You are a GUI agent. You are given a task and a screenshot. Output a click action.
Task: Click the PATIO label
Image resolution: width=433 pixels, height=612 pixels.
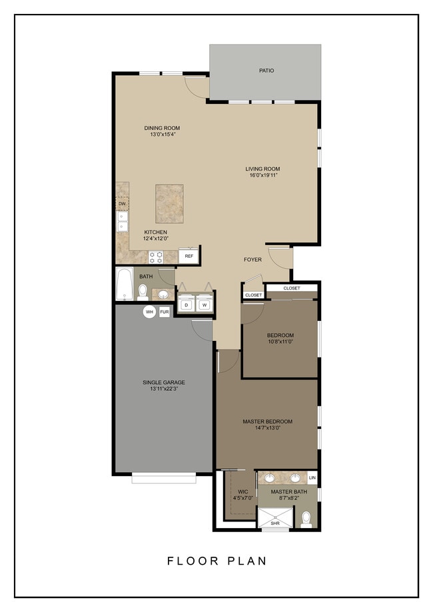[x=266, y=70]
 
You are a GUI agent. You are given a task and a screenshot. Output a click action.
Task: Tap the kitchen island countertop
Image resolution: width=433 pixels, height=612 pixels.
[x=169, y=204]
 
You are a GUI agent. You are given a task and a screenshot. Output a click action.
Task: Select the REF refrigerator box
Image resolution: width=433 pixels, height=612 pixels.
[x=189, y=256]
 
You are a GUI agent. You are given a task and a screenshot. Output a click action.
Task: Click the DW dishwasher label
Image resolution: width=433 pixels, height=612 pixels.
[x=122, y=204]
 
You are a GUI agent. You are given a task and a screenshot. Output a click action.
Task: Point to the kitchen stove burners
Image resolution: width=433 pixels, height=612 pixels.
[x=157, y=256]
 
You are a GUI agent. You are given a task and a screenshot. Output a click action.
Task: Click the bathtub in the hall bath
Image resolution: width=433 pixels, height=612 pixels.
[x=124, y=285]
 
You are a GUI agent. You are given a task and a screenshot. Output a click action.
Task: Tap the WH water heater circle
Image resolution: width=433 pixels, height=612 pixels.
[x=149, y=311]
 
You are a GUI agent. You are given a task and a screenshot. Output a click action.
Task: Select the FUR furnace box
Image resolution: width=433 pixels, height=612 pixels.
[x=164, y=311]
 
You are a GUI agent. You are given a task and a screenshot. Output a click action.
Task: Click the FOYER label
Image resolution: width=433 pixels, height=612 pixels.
[x=252, y=260]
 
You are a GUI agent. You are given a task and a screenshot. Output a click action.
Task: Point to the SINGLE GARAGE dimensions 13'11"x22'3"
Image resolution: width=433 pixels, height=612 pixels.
[x=163, y=389]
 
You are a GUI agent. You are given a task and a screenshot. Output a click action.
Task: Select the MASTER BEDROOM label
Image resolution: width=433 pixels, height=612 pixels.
[x=267, y=422]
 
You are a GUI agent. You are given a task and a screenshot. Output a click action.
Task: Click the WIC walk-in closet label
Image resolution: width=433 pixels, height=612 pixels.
[x=242, y=491]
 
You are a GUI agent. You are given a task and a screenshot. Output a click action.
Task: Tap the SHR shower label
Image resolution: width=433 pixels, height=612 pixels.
[x=274, y=523]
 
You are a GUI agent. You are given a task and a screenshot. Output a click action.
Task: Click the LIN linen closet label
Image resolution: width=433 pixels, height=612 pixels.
[x=312, y=478]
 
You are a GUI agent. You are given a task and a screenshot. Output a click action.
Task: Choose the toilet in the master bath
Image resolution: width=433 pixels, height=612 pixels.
[x=306, y=518]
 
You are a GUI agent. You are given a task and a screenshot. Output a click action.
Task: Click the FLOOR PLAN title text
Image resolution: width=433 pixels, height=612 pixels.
[x=217, y=561]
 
